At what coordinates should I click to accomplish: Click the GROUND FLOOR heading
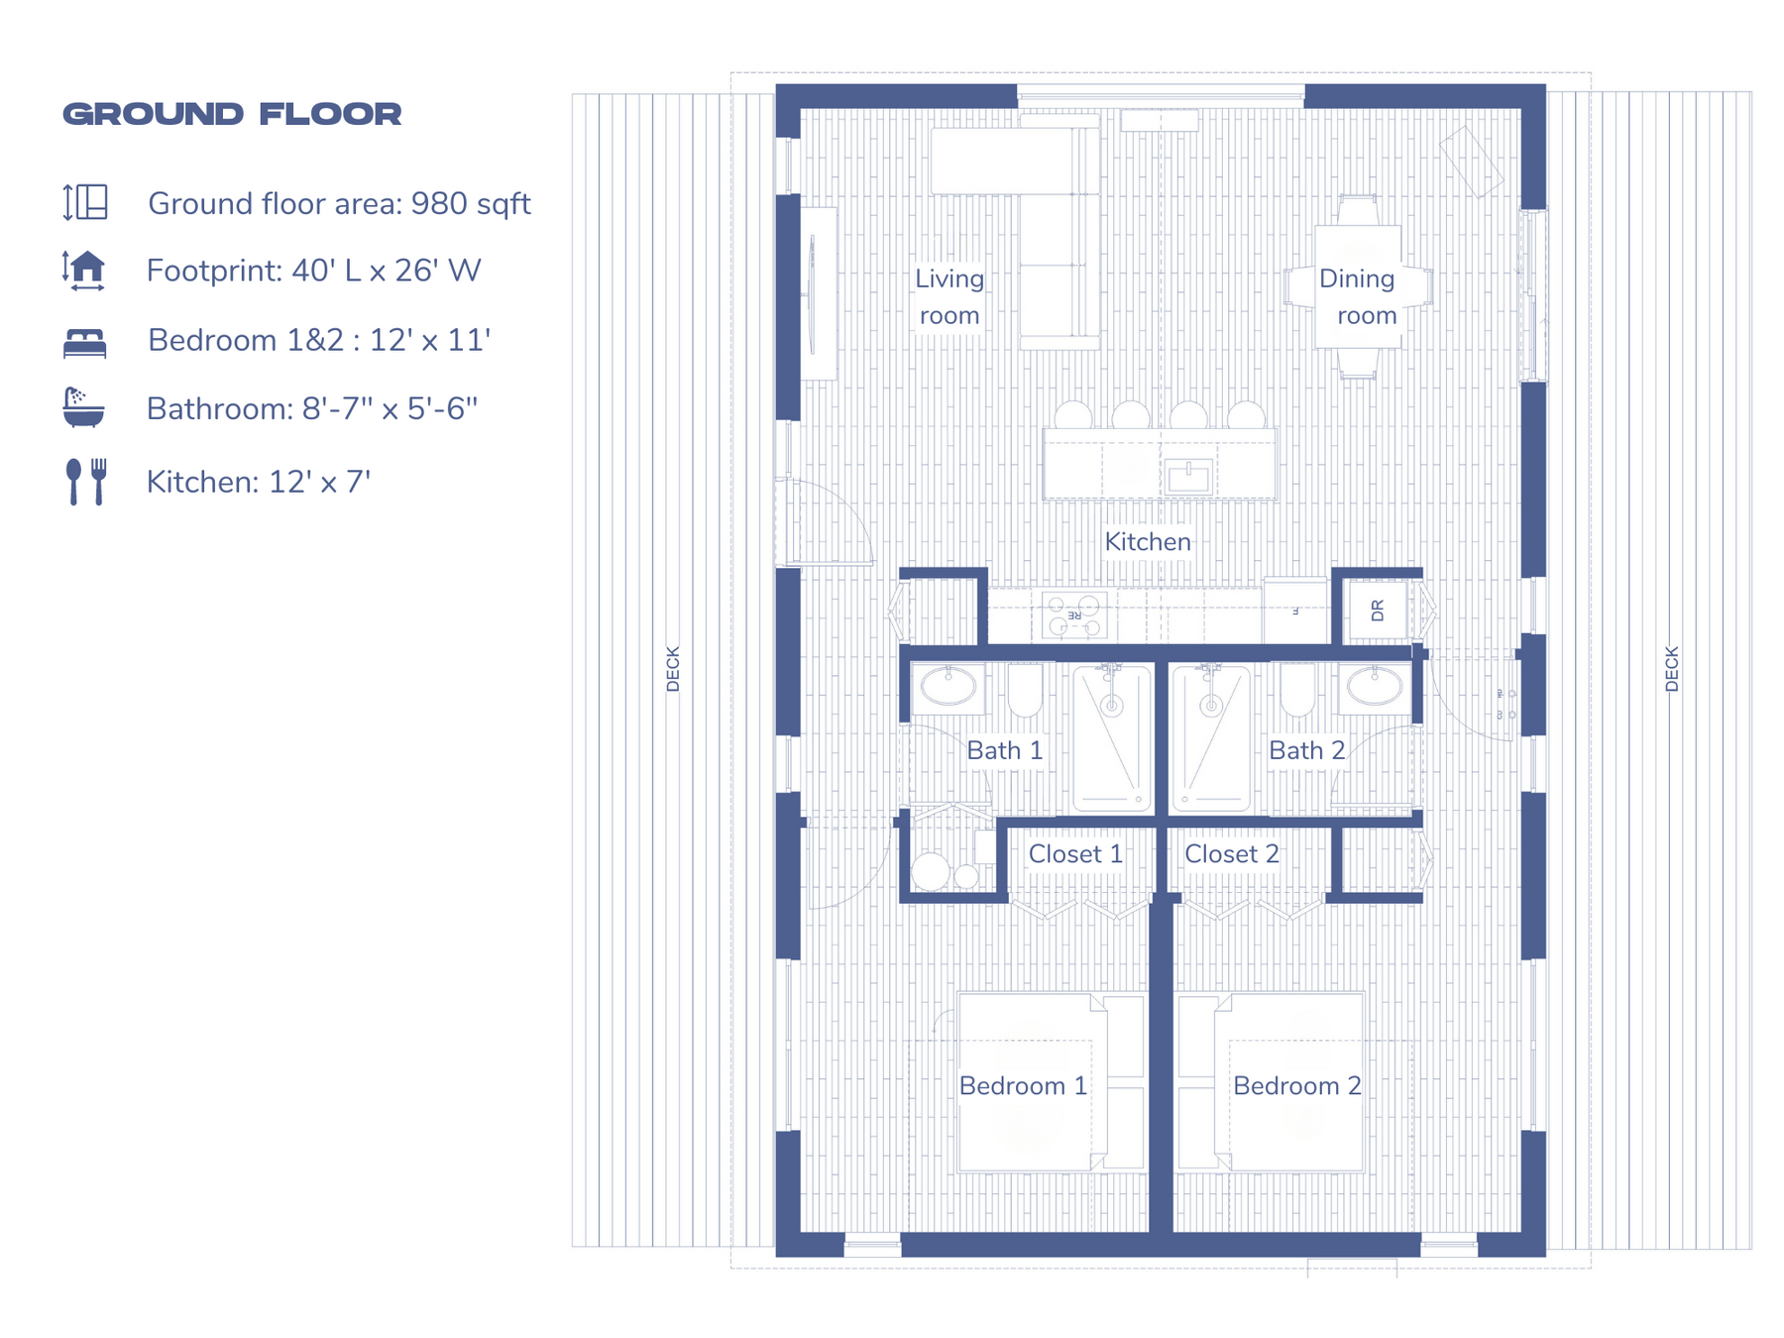point(232,114)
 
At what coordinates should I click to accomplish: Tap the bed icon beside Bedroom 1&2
point(84,343)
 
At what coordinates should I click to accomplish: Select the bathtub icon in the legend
point(83,407)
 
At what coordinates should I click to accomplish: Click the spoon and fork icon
point(85,482)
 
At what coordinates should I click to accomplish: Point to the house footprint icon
point(85,270)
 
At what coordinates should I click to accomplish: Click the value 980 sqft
point(471,204)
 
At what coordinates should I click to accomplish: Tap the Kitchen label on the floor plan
point(1148,542)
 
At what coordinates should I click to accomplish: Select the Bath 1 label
point(1004,750)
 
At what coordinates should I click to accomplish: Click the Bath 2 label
point(1306,750)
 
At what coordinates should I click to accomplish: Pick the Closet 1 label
point(1075,854)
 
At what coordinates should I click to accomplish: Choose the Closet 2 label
point(1231,854)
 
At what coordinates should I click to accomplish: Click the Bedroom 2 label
point(1296,1086)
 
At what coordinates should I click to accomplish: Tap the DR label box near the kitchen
point(1377,611)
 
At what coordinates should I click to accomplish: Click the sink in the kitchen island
point(1188,478)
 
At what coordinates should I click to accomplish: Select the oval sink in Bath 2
point(1374,686)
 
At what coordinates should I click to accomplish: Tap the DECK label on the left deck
point(673,669)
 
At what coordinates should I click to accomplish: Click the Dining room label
point(1358,297)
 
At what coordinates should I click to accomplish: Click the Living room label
point(949,297)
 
